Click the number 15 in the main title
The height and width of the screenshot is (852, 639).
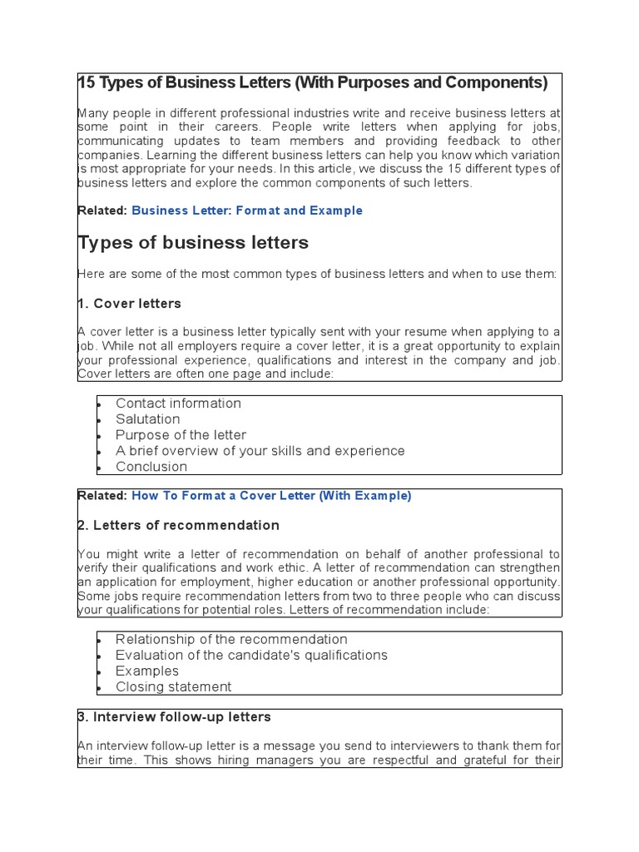[x=87, y=83]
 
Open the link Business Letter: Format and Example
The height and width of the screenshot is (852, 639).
[x=247, y=211]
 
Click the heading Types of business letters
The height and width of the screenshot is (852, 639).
[x=193, y=243]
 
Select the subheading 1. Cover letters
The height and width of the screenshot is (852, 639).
[x=129, y=304]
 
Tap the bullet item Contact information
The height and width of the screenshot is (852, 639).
[x=178, y=404]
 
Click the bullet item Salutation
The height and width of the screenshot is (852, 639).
[x=147, y=419]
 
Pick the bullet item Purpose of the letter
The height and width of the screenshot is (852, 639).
[x=181, y=435]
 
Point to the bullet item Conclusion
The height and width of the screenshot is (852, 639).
[x=151, y=467]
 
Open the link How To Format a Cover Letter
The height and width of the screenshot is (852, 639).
[x=271, y=496]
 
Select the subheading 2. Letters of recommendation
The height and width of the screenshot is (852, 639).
[x=178, y=526]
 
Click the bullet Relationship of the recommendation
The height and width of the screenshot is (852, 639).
[x=231, y=640]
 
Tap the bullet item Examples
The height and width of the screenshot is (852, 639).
[x=146, y=671]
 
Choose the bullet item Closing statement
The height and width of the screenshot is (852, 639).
[x=173, y=687]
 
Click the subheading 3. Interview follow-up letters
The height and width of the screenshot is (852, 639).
[x=174, y=717]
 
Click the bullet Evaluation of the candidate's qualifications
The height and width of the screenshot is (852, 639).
[x=251, y=656]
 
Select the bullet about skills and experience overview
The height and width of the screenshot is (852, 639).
[x=260, y=451]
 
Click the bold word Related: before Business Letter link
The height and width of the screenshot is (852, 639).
[x=102, y=211]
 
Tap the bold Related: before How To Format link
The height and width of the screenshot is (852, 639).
[x=102, y=496]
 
